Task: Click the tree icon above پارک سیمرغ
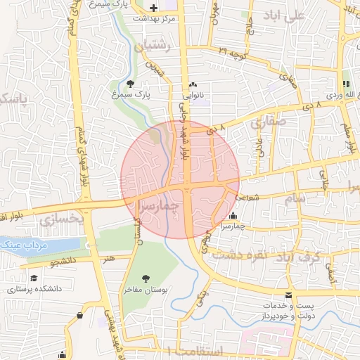click(131, 83)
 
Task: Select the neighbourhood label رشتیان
click(151, 46)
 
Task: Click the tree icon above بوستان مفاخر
click(146, 279)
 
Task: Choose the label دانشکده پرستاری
click(35, 288)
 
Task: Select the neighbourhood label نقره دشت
click(276, 255)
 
